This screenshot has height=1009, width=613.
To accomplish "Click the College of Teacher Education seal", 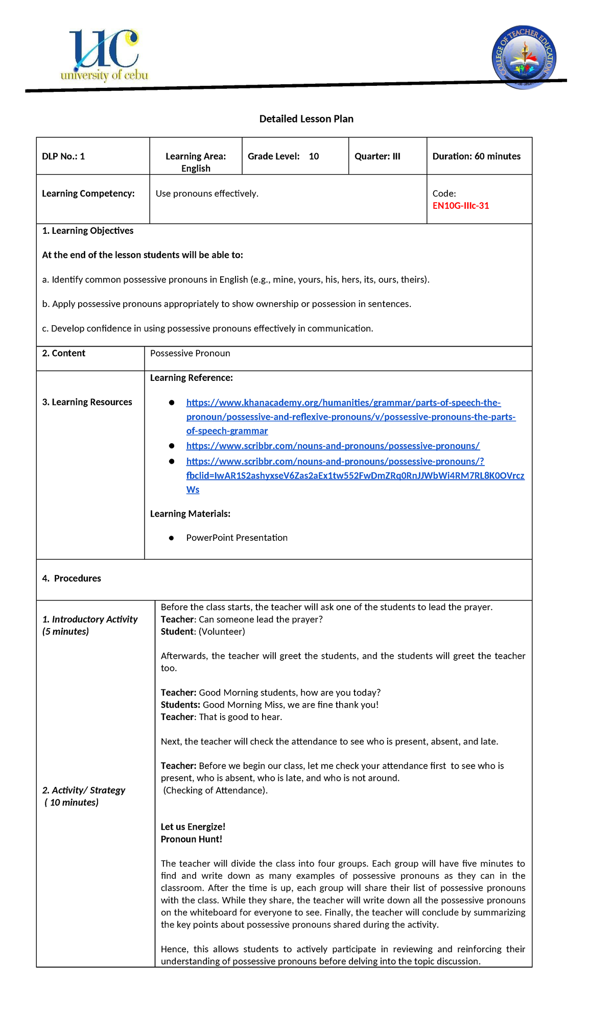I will pyautogui.click(x=524, y=58).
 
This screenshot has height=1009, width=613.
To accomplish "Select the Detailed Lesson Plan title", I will pyautogui.click(x=306, y=119).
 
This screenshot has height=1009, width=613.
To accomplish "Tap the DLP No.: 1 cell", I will pyautogui.click(x=63, y=156).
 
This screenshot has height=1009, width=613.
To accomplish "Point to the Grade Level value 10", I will pyautogui.click(x=314, y=156).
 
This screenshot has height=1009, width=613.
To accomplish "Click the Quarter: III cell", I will pyautogui.click(x=378, y=156).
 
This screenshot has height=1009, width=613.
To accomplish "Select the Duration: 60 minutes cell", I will pyautogui.click(x=476, y=156).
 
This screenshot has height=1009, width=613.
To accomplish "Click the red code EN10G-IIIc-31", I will pyautogui.click(x=461, y=206).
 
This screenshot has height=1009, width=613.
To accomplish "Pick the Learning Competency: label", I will pyautogui.click(x=88, y=194).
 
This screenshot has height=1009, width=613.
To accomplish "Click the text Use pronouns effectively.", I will pyautogui.click(x=207, y=194).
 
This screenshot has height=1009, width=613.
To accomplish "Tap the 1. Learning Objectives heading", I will pyautogui.click(x=88, y=231).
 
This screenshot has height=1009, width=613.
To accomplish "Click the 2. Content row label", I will pyautogui.click(x=64, y=353).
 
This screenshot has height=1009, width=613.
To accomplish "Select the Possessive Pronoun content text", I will pyautogui.click(x=190, y=353).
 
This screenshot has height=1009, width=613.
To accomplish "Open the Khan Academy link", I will pyautogui.click(x=343, y=403).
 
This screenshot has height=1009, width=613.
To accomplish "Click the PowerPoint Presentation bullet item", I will pyautogui.click(x=237, y=538).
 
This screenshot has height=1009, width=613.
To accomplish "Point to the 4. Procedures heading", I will pyautogui.click(x=72, y=579).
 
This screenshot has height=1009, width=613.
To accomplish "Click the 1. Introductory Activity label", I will pyautogui.click(x=90, y=619).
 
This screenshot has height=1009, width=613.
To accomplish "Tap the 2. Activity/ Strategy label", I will pyautogui.click(x=84, y=790).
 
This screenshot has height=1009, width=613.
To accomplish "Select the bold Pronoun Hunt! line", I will pyautogui.click(x=192, y=839).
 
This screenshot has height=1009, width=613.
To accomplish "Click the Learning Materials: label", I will pyautogui.click(x=190, y=514).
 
